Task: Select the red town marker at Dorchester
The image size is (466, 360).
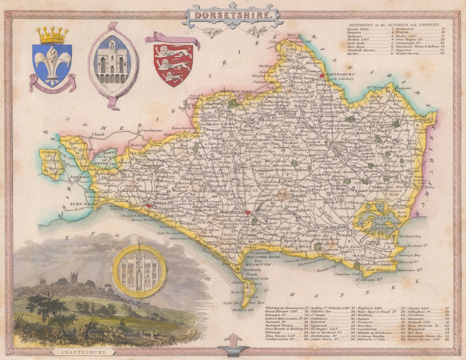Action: tap(248, 212)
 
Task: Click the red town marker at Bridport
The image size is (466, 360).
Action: tap(149, 206)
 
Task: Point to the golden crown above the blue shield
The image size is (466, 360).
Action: tap(52, 35)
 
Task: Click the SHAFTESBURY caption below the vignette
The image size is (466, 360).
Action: tap(84, 352)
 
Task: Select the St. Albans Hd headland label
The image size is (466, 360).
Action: tap(368, 280)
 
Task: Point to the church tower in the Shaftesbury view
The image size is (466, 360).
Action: tap(73, 279)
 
